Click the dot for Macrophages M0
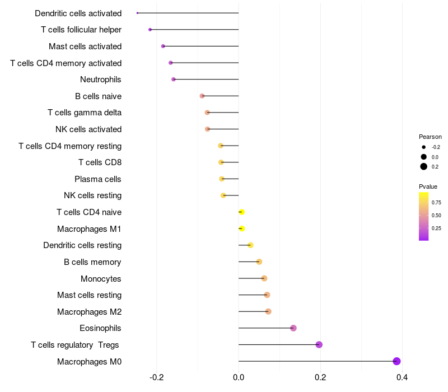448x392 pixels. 397,361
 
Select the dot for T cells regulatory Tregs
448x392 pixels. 319,344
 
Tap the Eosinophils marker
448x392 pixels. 293,328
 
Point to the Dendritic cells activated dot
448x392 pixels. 137,13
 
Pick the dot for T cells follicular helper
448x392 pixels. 150,30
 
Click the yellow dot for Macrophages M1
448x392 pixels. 242,228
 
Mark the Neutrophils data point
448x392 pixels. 174,80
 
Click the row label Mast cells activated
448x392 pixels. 85,46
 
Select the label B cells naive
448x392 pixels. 98,96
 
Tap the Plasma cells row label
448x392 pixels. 98,179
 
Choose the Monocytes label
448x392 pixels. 101,279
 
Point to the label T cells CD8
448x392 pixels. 100,162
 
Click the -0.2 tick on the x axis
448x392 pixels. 157,378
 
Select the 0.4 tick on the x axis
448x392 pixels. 402,378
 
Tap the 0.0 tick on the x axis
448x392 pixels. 239,378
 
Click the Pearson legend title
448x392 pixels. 430,137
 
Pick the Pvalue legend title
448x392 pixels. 428,186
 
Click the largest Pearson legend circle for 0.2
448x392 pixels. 424,166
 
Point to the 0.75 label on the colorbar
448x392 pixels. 436,203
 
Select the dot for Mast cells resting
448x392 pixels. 267,295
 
